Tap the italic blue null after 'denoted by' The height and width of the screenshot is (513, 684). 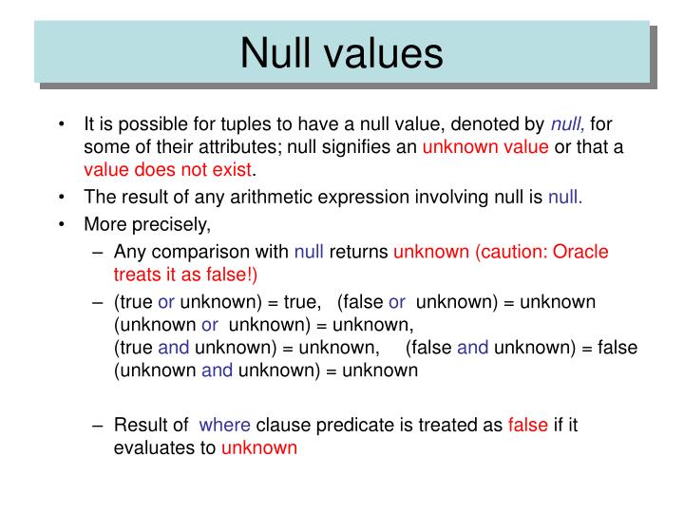tap(568, 124)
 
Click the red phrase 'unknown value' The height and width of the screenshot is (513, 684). tap(485, 147)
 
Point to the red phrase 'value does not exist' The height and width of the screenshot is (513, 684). tap(168, 171)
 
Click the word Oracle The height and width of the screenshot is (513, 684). tap(580, 252)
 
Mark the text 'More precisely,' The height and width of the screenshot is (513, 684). tap(147, 225)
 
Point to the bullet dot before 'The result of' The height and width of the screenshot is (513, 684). tap(61, 199)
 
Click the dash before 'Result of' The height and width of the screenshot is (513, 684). tap(99, 425)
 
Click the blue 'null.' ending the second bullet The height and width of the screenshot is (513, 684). tap(565, 198)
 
